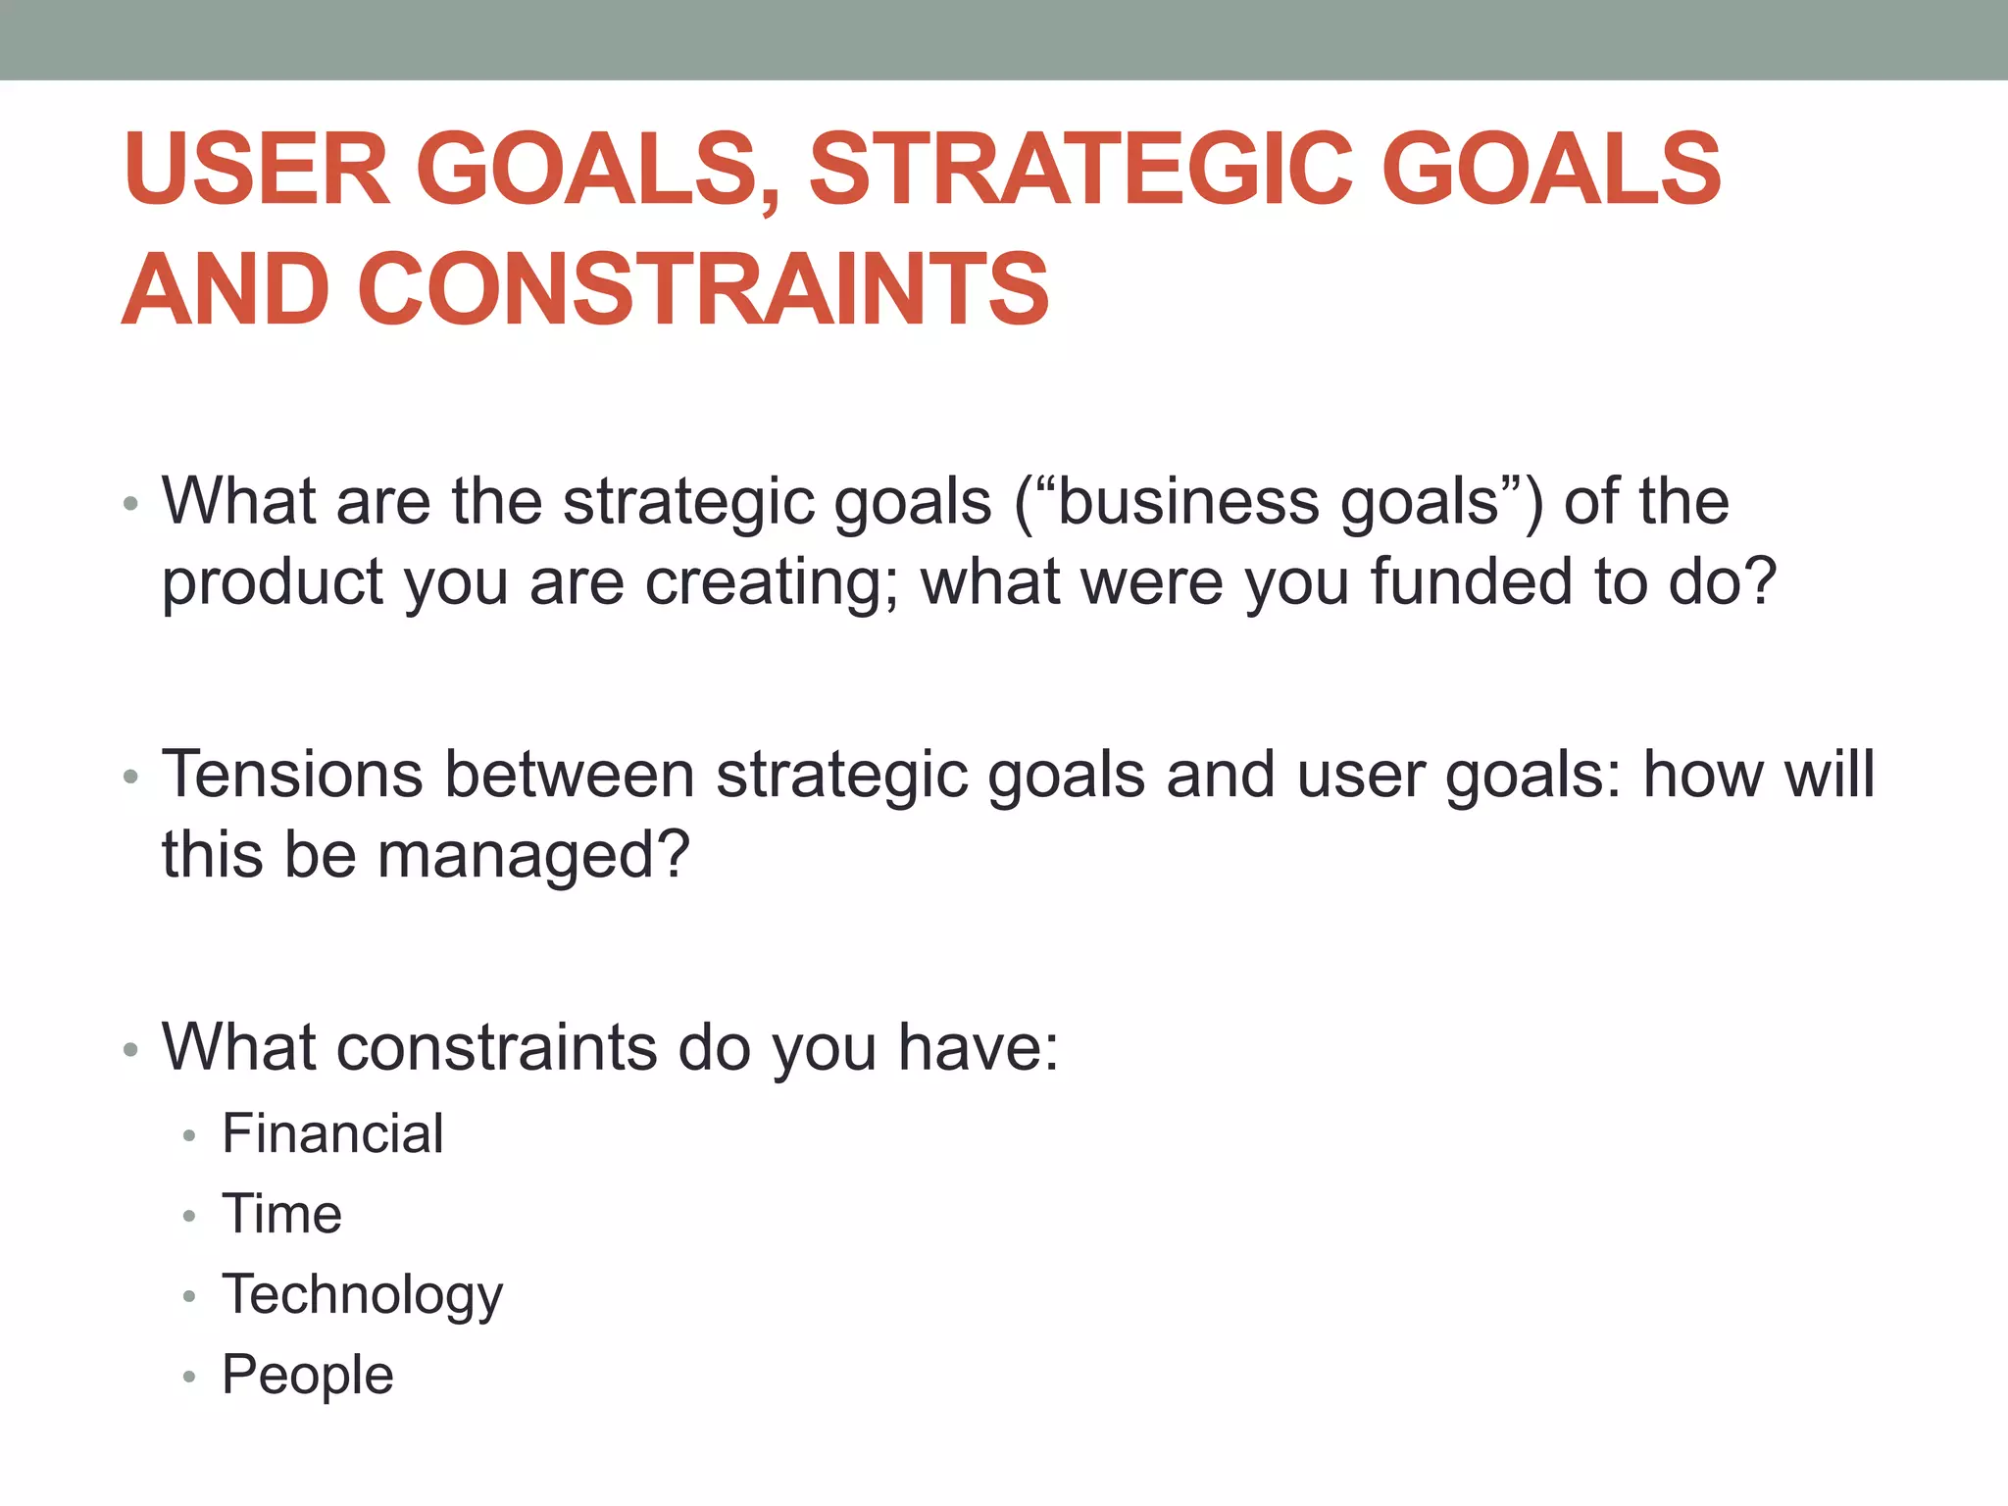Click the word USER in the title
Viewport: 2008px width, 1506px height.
pos(257,169)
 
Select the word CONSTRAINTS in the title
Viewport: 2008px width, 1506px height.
pos(703,288)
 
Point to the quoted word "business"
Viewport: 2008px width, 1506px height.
pos(1178,502)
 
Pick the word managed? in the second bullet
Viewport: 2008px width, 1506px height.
pos(534,855)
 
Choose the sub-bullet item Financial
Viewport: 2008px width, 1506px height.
pos(332,1133)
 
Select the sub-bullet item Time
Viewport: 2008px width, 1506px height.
pos(281,1214)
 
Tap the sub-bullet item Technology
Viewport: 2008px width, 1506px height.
pos(362,1294)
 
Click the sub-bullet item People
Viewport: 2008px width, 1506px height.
pos(307,1375)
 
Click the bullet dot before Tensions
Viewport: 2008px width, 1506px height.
pos(131,778)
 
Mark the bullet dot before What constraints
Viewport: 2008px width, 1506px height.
pos(131,1050)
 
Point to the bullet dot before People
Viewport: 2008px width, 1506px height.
pos(189,1378)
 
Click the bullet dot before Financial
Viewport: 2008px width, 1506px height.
pos(189,1136)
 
